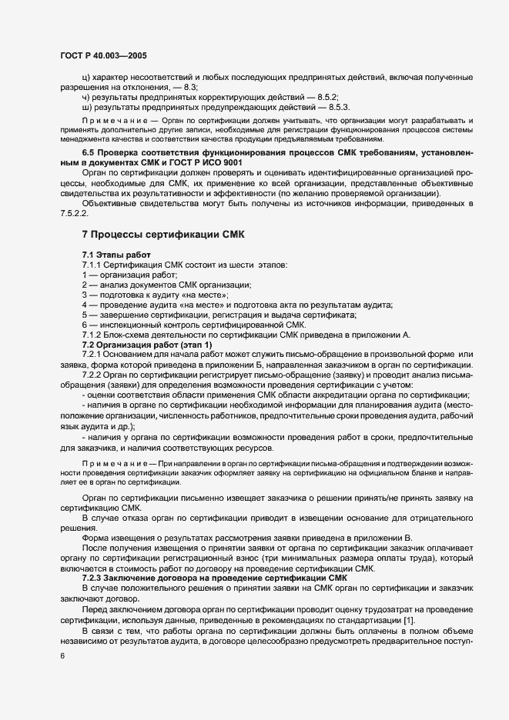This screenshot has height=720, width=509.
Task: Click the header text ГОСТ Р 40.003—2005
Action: [103, 56]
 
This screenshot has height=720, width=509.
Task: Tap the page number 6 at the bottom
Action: [62, 655]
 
